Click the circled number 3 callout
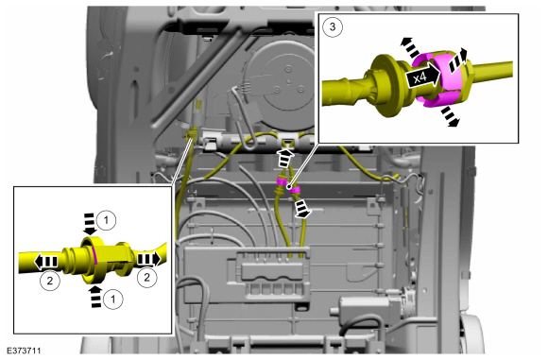tap(333, 26)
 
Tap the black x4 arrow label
tap(421, 77)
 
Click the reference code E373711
tap(24, 350)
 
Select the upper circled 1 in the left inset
tap(106, 220)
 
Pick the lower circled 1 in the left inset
tap(113, 300)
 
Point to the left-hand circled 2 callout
tap(50, 281)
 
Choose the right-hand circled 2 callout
tap(146, 277)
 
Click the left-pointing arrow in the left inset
tap(45, 261)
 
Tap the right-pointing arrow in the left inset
tap(148, 259)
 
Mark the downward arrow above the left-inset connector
tap(90, 224)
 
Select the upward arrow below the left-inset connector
tap(95, 297)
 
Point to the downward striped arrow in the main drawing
tap(301, 209)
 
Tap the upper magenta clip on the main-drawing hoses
tap(282, 181)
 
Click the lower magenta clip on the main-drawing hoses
tap(295, 190)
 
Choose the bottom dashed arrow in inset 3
tap(450, 117)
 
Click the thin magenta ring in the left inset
tap(94, 254)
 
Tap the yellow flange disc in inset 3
tap(385, 86)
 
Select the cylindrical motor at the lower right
tap(370, 308)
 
